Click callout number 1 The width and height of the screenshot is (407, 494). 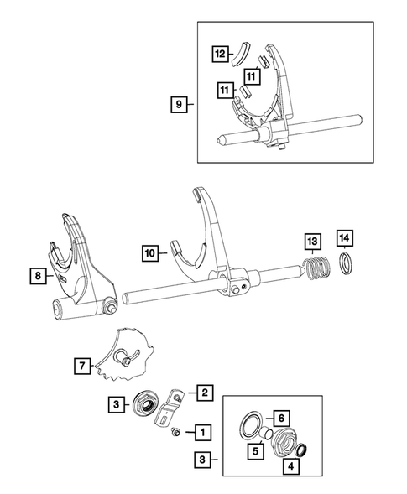coord(201,433)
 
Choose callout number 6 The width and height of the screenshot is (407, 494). coord(282,418)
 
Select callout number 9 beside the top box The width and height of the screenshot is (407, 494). coord(177,105)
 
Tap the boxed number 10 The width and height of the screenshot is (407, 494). coord(149,251)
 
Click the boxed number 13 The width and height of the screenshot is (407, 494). coord(312,243)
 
